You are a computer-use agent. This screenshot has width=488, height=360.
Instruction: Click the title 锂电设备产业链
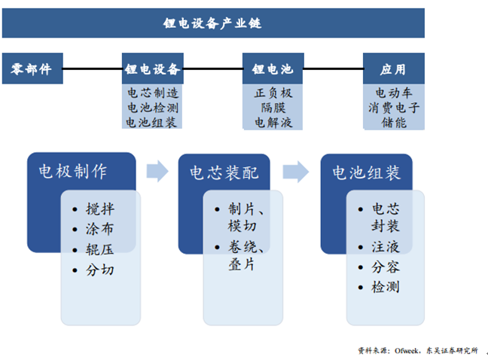click(x=212, y=23)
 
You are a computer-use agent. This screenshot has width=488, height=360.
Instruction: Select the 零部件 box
click(x=32, y=69)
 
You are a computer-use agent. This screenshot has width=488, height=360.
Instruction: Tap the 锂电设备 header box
click(x=153, y=69)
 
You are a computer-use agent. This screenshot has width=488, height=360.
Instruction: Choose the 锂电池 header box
click(x=273, y=69)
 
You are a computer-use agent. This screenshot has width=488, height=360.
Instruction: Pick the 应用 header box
click(x=393, y=69)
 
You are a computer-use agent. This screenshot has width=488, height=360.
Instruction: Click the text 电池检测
click(x=153, y=108)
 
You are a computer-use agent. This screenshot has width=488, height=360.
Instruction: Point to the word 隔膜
click(x=273, y=108)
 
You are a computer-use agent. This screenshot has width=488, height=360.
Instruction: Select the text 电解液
click(x=273, y=122)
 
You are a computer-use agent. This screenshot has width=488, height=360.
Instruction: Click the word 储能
click(x=394, y=122)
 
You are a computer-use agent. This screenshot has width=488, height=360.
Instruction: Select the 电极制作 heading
click(x=73, y=172)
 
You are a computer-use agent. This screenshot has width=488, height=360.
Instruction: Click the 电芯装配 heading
click(x=224, y=172)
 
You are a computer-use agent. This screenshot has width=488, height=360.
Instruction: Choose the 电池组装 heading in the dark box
click(x=367, y=172)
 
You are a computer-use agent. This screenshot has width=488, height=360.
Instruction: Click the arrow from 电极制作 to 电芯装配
click(x=157, y=171)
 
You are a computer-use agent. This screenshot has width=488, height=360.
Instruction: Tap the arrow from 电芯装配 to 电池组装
click(x=296, y=171)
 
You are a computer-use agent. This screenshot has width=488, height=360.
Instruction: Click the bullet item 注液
click(x=386, y=246)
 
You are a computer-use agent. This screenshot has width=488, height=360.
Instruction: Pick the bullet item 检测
click(x=386, y=287)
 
